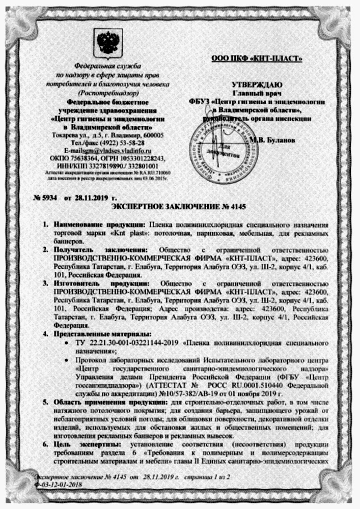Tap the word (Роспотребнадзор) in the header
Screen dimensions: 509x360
tap(108, 94)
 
